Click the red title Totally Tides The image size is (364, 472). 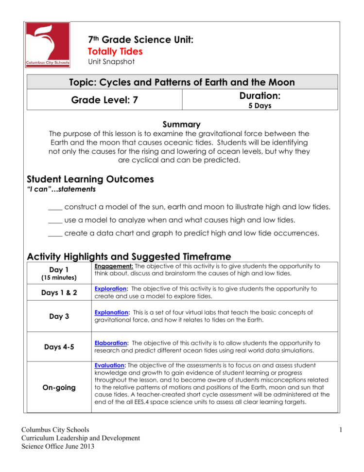click(115, 51)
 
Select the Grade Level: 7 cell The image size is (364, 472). click(104, 101)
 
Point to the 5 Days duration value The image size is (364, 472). click(260, 106)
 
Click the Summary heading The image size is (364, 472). click(181, 125)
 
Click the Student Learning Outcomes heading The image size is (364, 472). click(90, 179)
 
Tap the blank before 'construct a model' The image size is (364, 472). click(55, 207)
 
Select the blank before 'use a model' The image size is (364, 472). click(55, 220)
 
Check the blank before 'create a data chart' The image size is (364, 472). click(55, 234)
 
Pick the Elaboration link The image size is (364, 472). click(111, 343)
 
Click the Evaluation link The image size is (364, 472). click(110, 365)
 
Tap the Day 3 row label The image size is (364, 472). click(59, 316)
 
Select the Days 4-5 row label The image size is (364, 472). click(59, 347)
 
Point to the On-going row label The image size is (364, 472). click(59, 388)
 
